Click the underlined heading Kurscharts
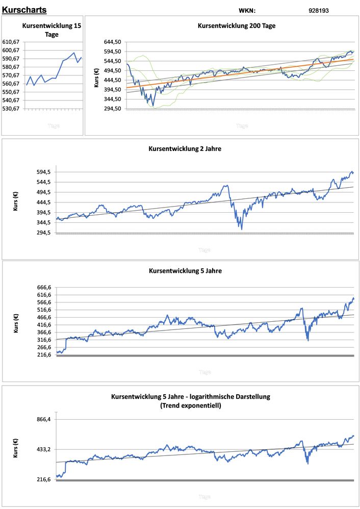click(24, 10)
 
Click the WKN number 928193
click(319, 10)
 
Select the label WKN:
click(247, 10)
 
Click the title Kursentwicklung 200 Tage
click(237, 26)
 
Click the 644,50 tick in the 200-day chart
click(113, 42)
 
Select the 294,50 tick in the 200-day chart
click(113, 109)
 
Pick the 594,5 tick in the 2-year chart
click(43, 172)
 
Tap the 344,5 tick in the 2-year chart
click(43, 223)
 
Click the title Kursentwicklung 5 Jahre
click(185, 271)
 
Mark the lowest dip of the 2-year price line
click(241, 228)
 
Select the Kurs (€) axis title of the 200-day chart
click(97, 77)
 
